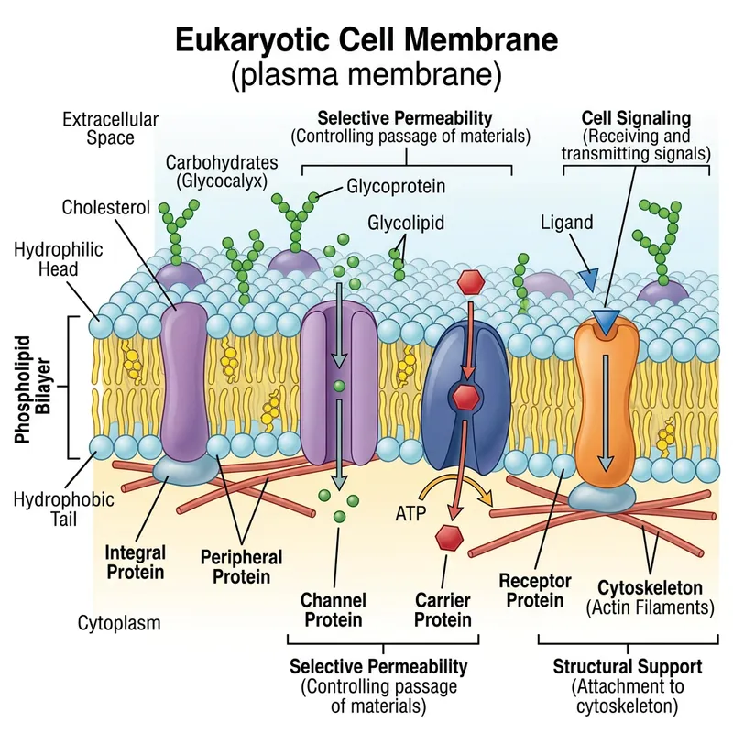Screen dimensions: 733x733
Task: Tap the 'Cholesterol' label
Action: tap(105, 207)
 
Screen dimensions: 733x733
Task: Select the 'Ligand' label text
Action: tap(567, 223)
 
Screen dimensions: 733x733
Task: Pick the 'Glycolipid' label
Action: tap(401, 223)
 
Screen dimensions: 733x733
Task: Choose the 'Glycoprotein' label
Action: tap(396, 186)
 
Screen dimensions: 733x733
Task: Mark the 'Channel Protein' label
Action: tap(334, 610)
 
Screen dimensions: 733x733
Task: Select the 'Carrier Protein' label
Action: tap(442, 610)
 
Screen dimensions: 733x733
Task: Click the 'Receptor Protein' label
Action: tap(535, 590)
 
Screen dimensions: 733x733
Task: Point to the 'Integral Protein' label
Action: tap(135, 563)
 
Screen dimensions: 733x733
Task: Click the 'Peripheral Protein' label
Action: tap(241, 566)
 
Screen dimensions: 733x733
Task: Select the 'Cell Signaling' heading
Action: tap(636, 119)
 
